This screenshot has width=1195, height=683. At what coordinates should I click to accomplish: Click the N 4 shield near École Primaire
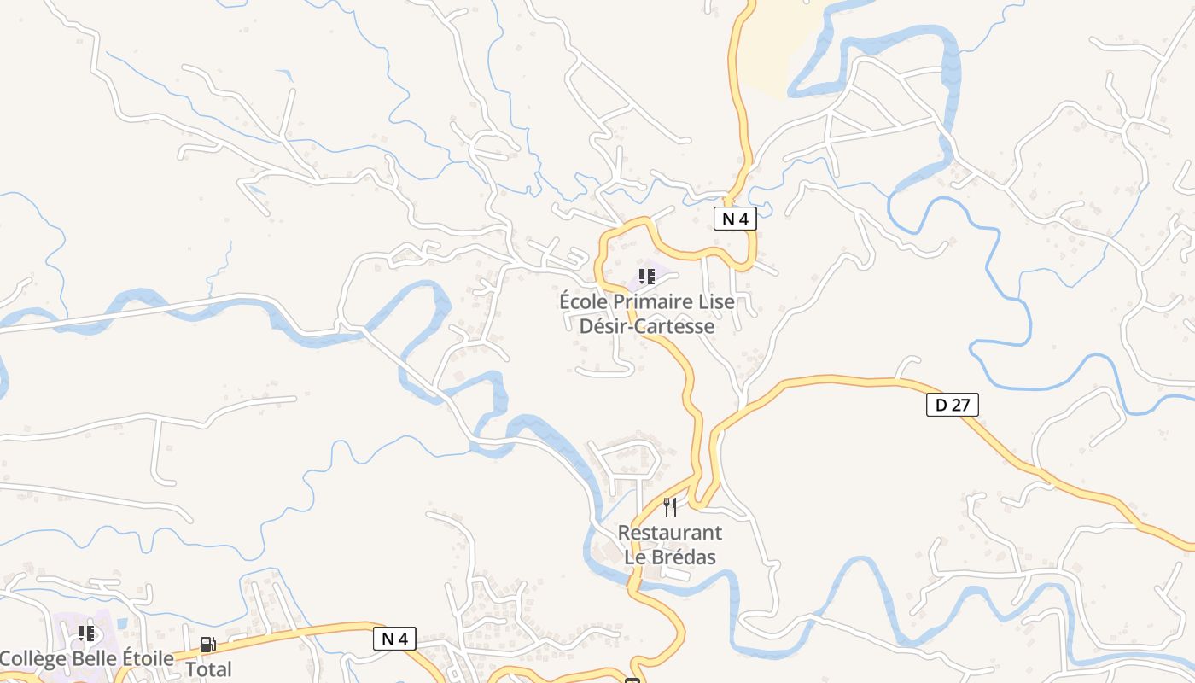[x=735, y=219]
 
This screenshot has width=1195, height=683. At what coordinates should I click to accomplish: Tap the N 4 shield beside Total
[x=395, y=638]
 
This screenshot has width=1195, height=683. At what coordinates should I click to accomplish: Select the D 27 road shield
[x=952, y=405]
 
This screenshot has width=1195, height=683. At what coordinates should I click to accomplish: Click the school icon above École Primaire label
[x=647, y=276]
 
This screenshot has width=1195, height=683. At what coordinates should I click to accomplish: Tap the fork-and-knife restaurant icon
[x=670, y=507]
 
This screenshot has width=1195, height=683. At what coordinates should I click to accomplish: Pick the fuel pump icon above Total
[x=207, y=645]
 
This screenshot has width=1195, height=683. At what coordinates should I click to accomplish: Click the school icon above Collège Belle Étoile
[x=86, y=633]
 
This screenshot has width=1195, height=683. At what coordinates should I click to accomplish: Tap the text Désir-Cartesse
[x=647, y=326]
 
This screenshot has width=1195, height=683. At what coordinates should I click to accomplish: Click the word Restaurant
[x=669, y=533]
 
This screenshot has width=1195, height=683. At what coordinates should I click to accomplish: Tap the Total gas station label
[x=208, y=669]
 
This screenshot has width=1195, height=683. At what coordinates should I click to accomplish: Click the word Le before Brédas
[x=636, y=557]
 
